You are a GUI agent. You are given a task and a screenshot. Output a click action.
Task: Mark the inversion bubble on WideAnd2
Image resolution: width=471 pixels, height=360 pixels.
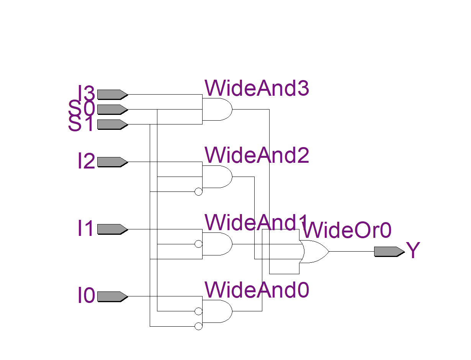198,192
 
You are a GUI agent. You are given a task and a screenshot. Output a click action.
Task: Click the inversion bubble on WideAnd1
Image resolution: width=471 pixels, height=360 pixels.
198,244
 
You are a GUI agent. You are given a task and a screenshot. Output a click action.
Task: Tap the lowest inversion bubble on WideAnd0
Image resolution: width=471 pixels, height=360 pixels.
198,326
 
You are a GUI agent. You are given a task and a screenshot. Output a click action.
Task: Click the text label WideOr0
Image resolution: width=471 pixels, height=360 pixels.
347,231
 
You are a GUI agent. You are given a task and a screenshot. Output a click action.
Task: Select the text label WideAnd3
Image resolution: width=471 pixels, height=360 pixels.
257,89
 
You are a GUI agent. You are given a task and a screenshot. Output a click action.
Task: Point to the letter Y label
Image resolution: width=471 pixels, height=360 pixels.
413,251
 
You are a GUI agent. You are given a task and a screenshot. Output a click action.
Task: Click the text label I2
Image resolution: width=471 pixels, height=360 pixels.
86,162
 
